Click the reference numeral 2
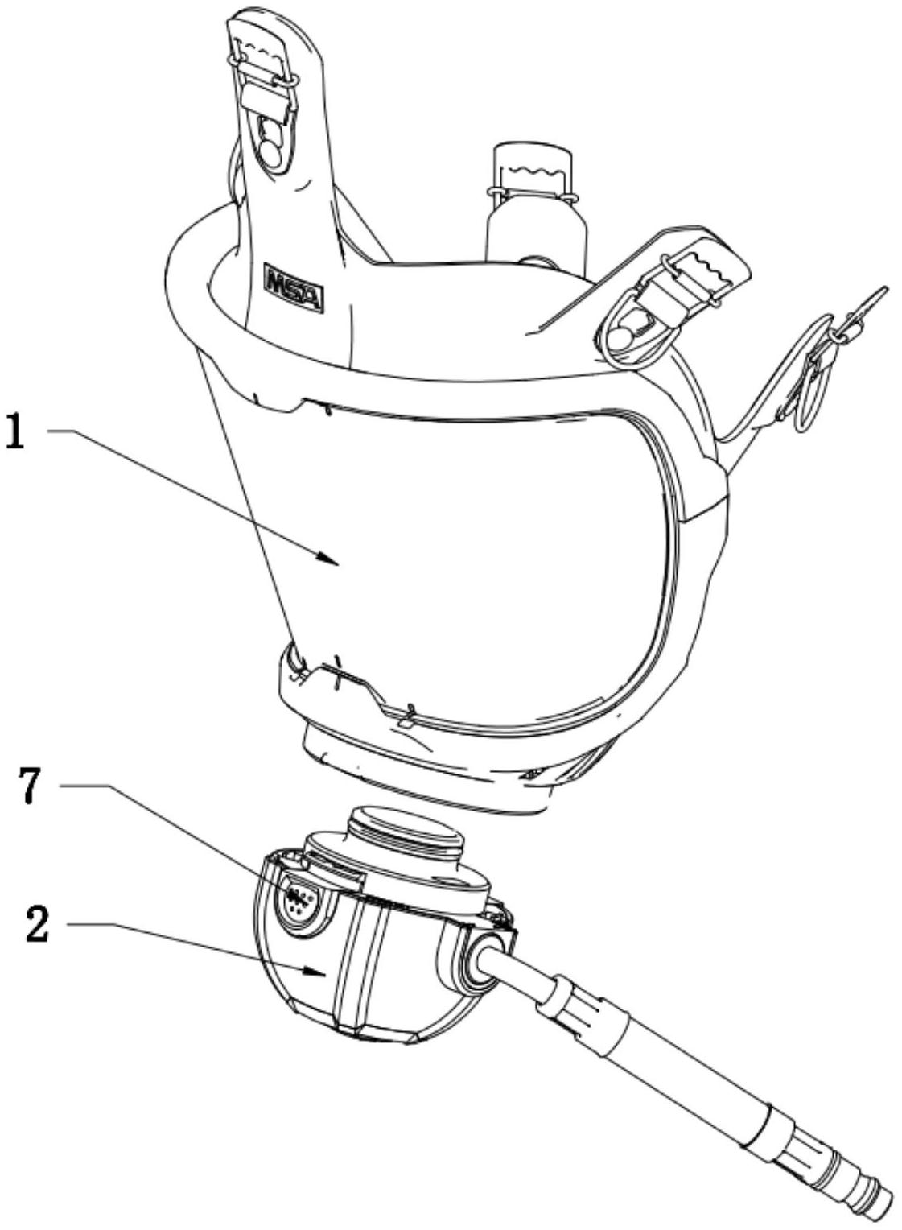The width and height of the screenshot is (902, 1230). (x=36, y=925)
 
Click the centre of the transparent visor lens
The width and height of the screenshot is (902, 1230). (x=483, y=563)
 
